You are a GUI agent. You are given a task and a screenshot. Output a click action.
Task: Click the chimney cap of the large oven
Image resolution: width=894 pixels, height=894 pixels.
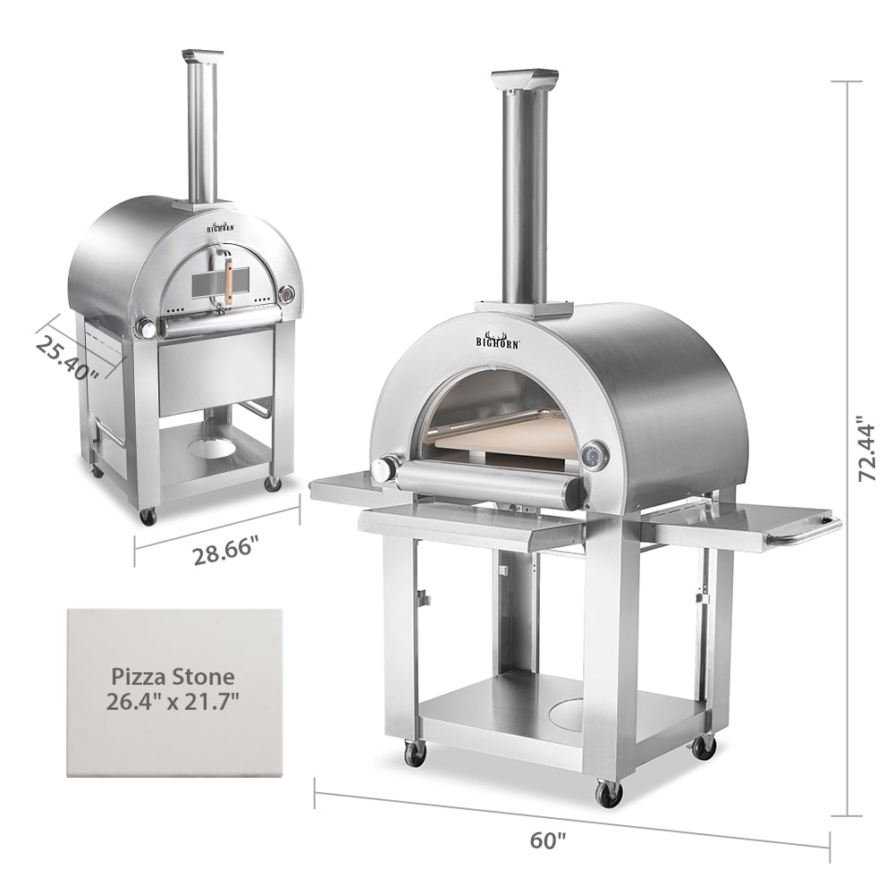pos(522,78)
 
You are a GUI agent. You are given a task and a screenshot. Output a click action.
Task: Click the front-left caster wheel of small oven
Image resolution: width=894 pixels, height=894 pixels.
pos(148,515)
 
